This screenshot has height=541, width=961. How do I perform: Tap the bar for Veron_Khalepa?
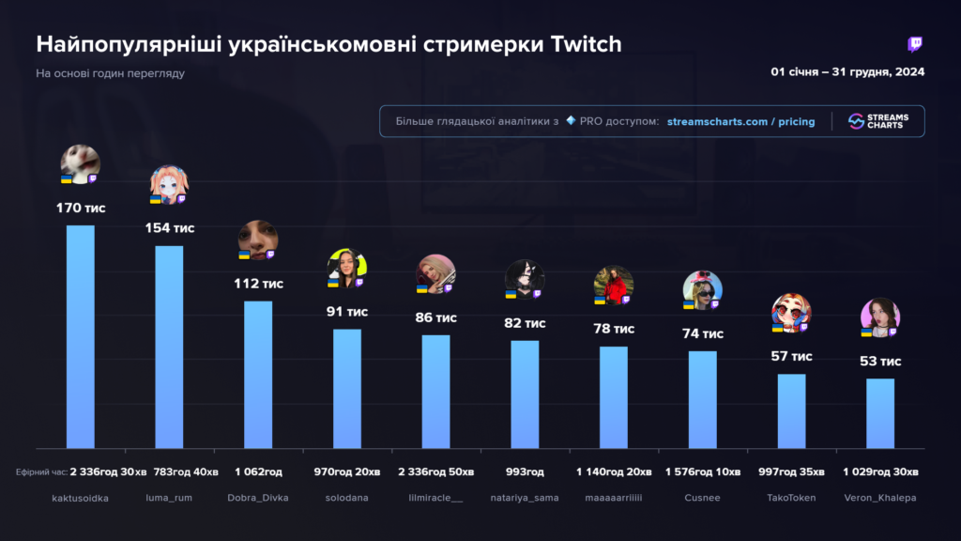pos(880,413)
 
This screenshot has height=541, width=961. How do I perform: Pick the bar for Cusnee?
pos(702,399)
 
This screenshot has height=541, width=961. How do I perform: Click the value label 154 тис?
pos(169,228)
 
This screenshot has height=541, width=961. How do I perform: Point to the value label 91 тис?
pos(347,312)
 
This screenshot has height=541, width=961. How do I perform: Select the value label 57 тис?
pos(791,357)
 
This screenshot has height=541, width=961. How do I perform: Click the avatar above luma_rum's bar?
pos(169,185)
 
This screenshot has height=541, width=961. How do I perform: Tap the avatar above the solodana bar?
pos(346,269)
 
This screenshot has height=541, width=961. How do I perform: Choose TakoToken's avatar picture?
pos(790,313)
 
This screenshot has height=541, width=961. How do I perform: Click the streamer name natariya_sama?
pos(525,498)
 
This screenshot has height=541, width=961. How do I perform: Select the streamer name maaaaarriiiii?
pos(614,498)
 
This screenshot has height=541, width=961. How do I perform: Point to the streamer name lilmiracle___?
pos(435,498)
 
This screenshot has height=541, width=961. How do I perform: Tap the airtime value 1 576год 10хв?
pos(703,471)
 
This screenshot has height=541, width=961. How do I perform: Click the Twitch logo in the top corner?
pos(915,44)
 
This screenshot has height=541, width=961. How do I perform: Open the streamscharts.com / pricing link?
pos(740,122)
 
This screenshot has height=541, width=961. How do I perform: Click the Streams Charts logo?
pos(878,122)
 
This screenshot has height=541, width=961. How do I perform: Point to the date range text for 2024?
pos(847,72)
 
